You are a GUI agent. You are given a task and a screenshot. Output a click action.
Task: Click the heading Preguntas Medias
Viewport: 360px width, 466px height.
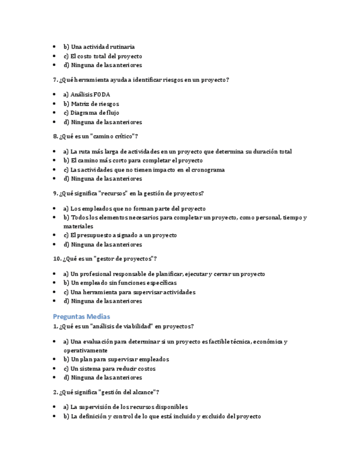[81, 316]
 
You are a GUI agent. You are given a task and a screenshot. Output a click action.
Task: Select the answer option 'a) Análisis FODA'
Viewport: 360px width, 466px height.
[86, 95]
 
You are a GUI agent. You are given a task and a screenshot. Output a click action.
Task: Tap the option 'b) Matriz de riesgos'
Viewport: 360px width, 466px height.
[91, 104]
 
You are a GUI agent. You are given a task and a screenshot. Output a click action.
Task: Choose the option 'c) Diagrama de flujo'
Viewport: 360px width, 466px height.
[91, 113]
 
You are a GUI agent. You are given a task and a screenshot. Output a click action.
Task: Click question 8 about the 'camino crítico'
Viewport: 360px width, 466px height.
[96, 136]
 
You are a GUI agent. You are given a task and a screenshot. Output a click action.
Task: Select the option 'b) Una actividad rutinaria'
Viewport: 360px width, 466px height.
[99, 47]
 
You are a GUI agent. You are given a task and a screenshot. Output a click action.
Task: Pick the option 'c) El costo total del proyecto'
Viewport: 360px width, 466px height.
[103, 56]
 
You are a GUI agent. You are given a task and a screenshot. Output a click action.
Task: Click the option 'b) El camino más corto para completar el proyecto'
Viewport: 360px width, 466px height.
[133, 160]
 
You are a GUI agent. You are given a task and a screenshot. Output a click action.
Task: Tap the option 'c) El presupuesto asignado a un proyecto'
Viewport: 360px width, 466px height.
[120, 235]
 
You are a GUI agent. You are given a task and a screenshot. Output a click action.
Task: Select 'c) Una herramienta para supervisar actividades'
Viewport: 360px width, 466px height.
[129, 292]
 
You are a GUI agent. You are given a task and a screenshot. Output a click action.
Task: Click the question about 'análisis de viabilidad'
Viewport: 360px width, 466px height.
[123, 326]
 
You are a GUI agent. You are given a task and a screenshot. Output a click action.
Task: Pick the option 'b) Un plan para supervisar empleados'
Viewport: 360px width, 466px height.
[116, 359]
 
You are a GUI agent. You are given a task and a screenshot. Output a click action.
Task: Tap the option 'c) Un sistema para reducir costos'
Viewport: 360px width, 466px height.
[109, 369]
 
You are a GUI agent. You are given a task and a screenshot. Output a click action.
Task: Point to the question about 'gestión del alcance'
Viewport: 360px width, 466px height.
[106, 392]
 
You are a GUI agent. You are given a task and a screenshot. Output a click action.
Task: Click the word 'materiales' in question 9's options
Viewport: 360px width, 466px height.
[78, 226]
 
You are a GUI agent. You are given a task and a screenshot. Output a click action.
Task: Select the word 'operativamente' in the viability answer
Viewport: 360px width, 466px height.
[85, 350]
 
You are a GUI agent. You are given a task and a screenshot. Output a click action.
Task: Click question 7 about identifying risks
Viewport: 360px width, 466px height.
[141, 80]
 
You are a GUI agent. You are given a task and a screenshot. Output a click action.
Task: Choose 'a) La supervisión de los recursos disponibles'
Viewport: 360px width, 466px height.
[125, 407]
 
